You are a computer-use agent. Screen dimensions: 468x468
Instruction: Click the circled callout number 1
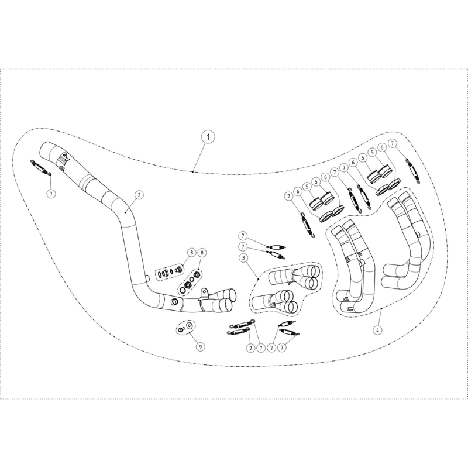208,137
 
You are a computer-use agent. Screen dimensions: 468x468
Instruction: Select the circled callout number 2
139,195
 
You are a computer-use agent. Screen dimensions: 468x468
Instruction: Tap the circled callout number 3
243,257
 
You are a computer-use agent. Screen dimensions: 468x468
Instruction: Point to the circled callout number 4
377,330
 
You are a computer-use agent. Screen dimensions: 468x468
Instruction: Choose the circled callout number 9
200,346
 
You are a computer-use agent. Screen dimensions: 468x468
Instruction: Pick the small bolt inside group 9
181,329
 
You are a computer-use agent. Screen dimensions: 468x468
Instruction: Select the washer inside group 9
189,325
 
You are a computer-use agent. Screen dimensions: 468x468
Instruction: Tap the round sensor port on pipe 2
174,301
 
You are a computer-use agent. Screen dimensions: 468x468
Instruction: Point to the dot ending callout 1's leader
193,171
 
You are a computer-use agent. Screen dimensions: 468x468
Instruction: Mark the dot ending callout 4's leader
382,308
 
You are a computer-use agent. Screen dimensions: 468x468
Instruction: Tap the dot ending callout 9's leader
190,332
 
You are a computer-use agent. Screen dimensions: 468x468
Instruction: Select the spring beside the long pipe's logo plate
42,168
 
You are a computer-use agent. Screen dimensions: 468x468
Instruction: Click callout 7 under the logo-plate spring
51,194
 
